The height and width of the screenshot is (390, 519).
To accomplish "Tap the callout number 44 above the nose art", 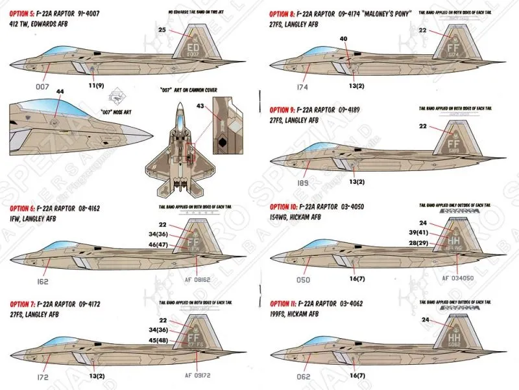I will pos(60,93).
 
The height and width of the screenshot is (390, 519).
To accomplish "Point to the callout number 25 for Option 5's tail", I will pos(162,30).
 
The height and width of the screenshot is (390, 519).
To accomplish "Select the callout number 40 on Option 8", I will pos(343,39).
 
